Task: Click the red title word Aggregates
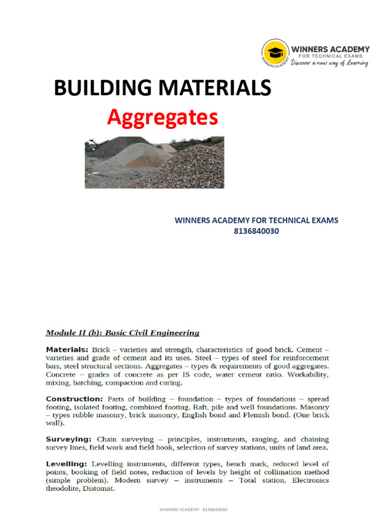click(162, 118)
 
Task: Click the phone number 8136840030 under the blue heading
click(256, 231)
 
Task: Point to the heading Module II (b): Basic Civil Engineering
click(122, 333)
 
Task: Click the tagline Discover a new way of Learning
click(331, 63)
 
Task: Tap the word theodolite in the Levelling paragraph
click(63, 488)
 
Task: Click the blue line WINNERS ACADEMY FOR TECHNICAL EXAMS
click(256, 220)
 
